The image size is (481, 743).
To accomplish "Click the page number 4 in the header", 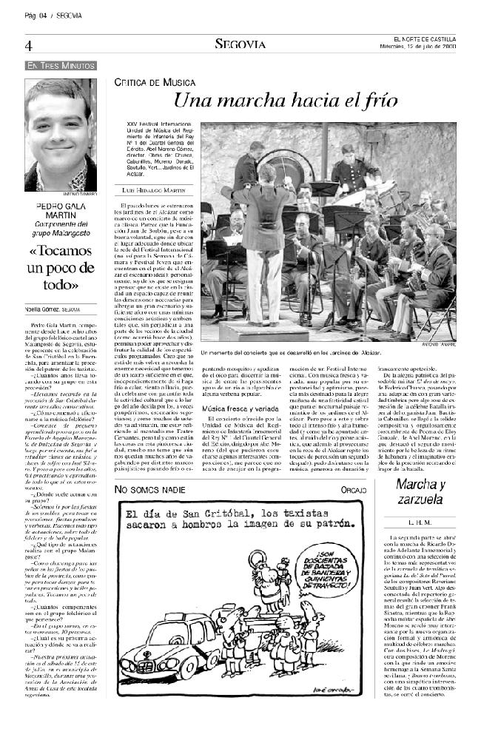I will (28, 46).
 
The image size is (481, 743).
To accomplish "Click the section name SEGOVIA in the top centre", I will (240, 44).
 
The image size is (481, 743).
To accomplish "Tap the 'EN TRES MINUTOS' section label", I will (61, 66).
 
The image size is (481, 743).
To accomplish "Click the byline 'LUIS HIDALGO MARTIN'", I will (154, 190).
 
